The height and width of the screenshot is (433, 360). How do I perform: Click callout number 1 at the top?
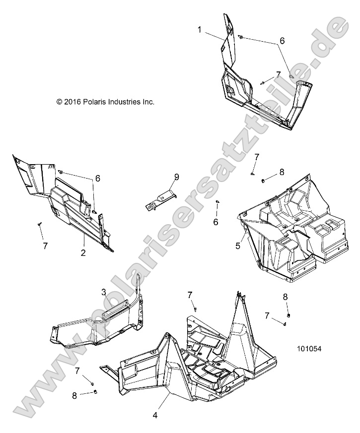pyautogui.click(x=200, y=30)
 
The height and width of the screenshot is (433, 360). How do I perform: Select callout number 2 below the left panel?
pyautogui.click(x=83, y=252)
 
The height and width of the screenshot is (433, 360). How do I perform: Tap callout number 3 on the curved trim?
pyautogui.click(x=104, y=292)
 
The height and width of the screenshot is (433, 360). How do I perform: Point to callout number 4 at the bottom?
pyautogui.click(x=155, y=415)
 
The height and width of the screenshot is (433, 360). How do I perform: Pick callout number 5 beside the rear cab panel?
pyautogui.click(x=238, y=245)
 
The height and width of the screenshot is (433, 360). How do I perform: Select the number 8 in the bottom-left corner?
pyautogui.click(x=75, y=396)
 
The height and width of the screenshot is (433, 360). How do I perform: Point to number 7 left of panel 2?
pyautogui.click(x=45, y=246)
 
